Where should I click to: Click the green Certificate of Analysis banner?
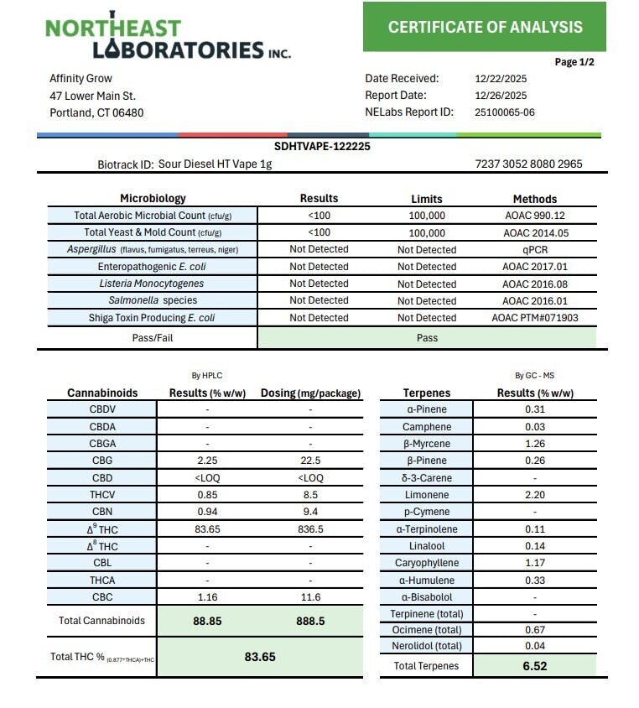pyautogui.click(x=485, y=27)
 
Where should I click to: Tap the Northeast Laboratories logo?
pyautogui.click(x=168, y=39)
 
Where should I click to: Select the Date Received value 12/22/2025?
pyautogui.click(x=501, y=79)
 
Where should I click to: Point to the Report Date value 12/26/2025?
pyautogui.click(x=501, y=96)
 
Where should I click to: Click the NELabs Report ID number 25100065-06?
pyautogui.click(x=505, y=112)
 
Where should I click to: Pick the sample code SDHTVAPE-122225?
pyautogui.click(x=322, y=147)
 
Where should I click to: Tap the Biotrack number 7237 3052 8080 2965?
pyautogui.click(x=528, y=164)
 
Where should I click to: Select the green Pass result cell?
pyautogui.click(x=427, y=338)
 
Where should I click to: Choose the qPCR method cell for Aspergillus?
pyautogui.click(x=534, y=250)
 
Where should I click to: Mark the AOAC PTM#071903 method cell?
pyautogui.click(x=534, y=318)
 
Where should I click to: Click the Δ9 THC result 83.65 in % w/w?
pyautogui.click(x=207, y=529)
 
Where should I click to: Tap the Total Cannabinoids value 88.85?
pyautogui.click(x=207, y=622)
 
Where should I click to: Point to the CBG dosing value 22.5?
pyautogui.click(x=310, y=461)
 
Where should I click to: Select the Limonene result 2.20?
pyautogui.click(x=534, y=495)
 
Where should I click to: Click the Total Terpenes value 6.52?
pyautogui.click(x=534, y=666)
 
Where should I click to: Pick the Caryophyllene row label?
pyautogui.click(x=427, y=563)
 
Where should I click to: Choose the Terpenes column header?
pyautogui.click(x=427, y=393)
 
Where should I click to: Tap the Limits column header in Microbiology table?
pyautogui.click(x=427, y=199)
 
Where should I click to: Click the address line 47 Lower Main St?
pyautogui.click(x=92, y=96)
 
